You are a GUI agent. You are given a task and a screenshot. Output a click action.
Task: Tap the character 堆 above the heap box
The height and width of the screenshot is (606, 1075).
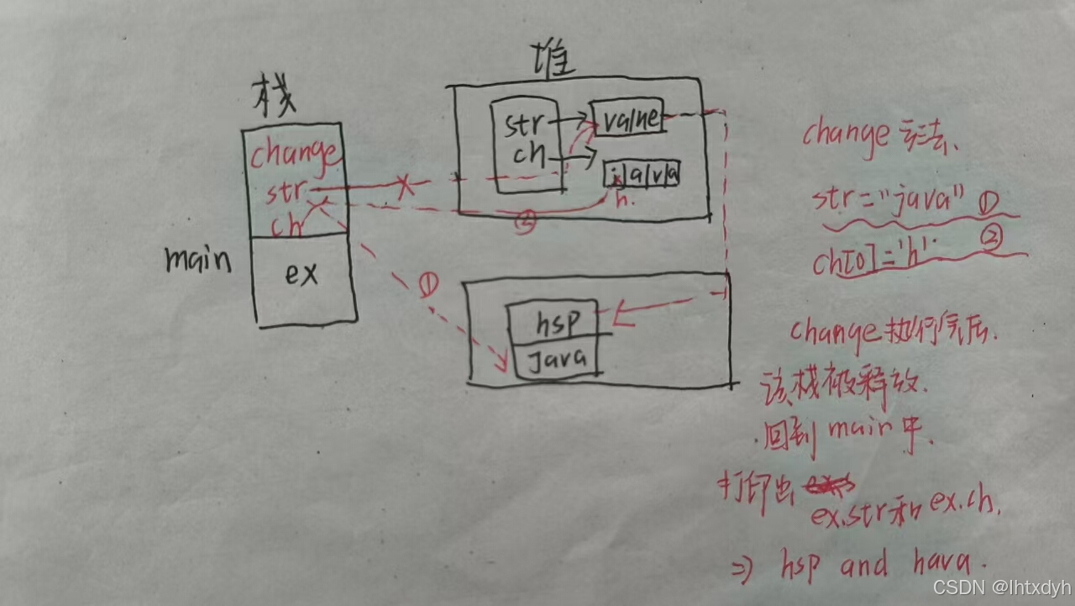tap(549, 63)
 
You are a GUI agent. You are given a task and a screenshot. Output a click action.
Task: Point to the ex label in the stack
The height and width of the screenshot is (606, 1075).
tap(301, 274)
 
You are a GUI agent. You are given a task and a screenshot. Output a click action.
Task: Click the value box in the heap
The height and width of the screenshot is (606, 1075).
tap(628, 119)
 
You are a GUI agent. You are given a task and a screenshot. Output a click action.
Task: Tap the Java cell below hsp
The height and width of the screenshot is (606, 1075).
tap(557, 361)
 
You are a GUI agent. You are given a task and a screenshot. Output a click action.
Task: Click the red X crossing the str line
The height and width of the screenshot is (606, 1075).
tap(405, 187)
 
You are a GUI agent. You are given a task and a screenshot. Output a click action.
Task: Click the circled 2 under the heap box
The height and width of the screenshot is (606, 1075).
tap(525, 224)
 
